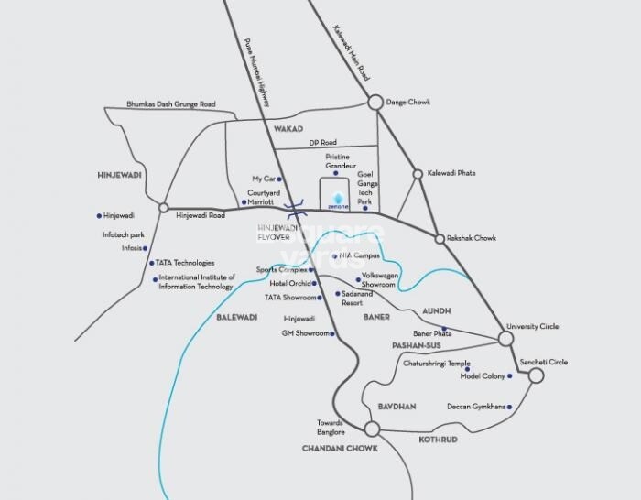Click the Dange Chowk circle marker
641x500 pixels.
pyautogui.click(x=375, y=103)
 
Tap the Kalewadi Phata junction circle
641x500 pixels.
pyautogui.click(x=418, y=173)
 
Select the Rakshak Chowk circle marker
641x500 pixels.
pyautogui.click(x=440, y=238)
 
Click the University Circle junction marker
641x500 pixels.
pyautogui.click(x=505, y=339)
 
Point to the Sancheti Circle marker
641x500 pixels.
pyautogui.click(x=536, y=375)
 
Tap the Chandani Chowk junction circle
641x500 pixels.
pyautogui.click(x=372, y=429)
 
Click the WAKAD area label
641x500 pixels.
pyautogui.click(x=288, y=130)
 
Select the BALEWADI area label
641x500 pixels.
pyautogui.click(x=237, y=317)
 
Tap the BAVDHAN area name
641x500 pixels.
pyautogui.click(x=397, y=405)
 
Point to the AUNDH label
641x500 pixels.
pyautogui.click(x=436, y=311)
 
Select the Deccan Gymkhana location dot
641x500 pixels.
pyautogui.click(x=509, y=406)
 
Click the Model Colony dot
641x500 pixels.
pyautogui.click(x=509, y=376)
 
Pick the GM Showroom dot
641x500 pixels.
pyautogui.click(x=332, y=334)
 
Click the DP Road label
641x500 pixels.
pyautogui.click(x=322, y=143)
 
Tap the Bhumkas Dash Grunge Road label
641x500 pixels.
pyautogui.click(x=170, y=104)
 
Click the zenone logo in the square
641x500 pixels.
pyautogui.click(x=339, y=201)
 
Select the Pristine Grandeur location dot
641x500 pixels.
pyautogui.click(x=335, y=173)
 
